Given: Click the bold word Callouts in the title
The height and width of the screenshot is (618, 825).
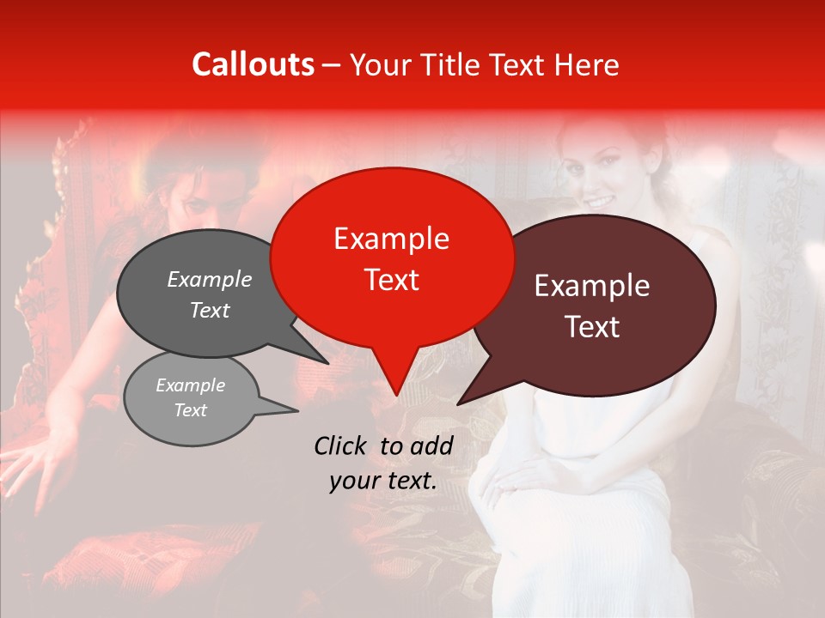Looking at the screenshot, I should click(254, 64).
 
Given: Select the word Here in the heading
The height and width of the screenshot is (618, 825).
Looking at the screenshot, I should click(587, 65).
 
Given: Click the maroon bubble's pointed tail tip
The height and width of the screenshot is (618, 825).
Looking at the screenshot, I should click(459, 403).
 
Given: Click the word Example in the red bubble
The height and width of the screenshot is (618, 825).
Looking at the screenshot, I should click(391, 239).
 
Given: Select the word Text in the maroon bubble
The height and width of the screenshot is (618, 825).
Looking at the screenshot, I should click(593, 327).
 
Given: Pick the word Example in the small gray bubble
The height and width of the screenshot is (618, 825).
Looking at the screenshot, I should click(191, 385).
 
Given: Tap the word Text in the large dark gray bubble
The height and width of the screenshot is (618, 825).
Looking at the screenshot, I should click(210, 310).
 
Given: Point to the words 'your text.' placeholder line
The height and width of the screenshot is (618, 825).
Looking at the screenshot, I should click(383, 482).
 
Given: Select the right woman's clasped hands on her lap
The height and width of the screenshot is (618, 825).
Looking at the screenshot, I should click(524, 476).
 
